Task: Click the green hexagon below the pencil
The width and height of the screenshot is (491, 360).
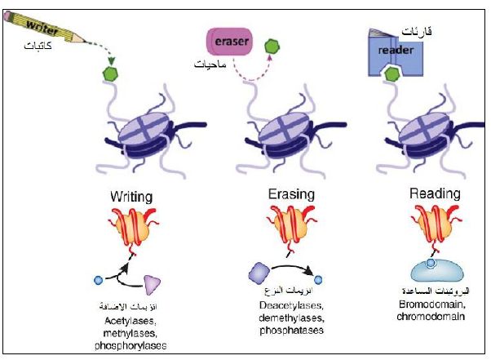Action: pyautogui.click(x=110, y=74)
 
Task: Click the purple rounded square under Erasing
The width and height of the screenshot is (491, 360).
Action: pyautogui.click(x=259, y=271)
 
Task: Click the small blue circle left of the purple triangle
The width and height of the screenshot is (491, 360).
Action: pyautogui.click(x=100, y=281)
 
